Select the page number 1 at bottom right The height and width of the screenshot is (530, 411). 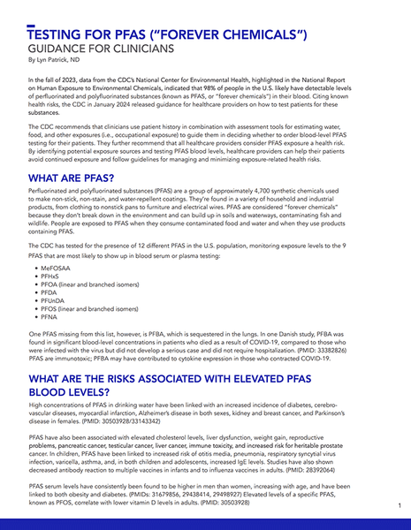[400, 504]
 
